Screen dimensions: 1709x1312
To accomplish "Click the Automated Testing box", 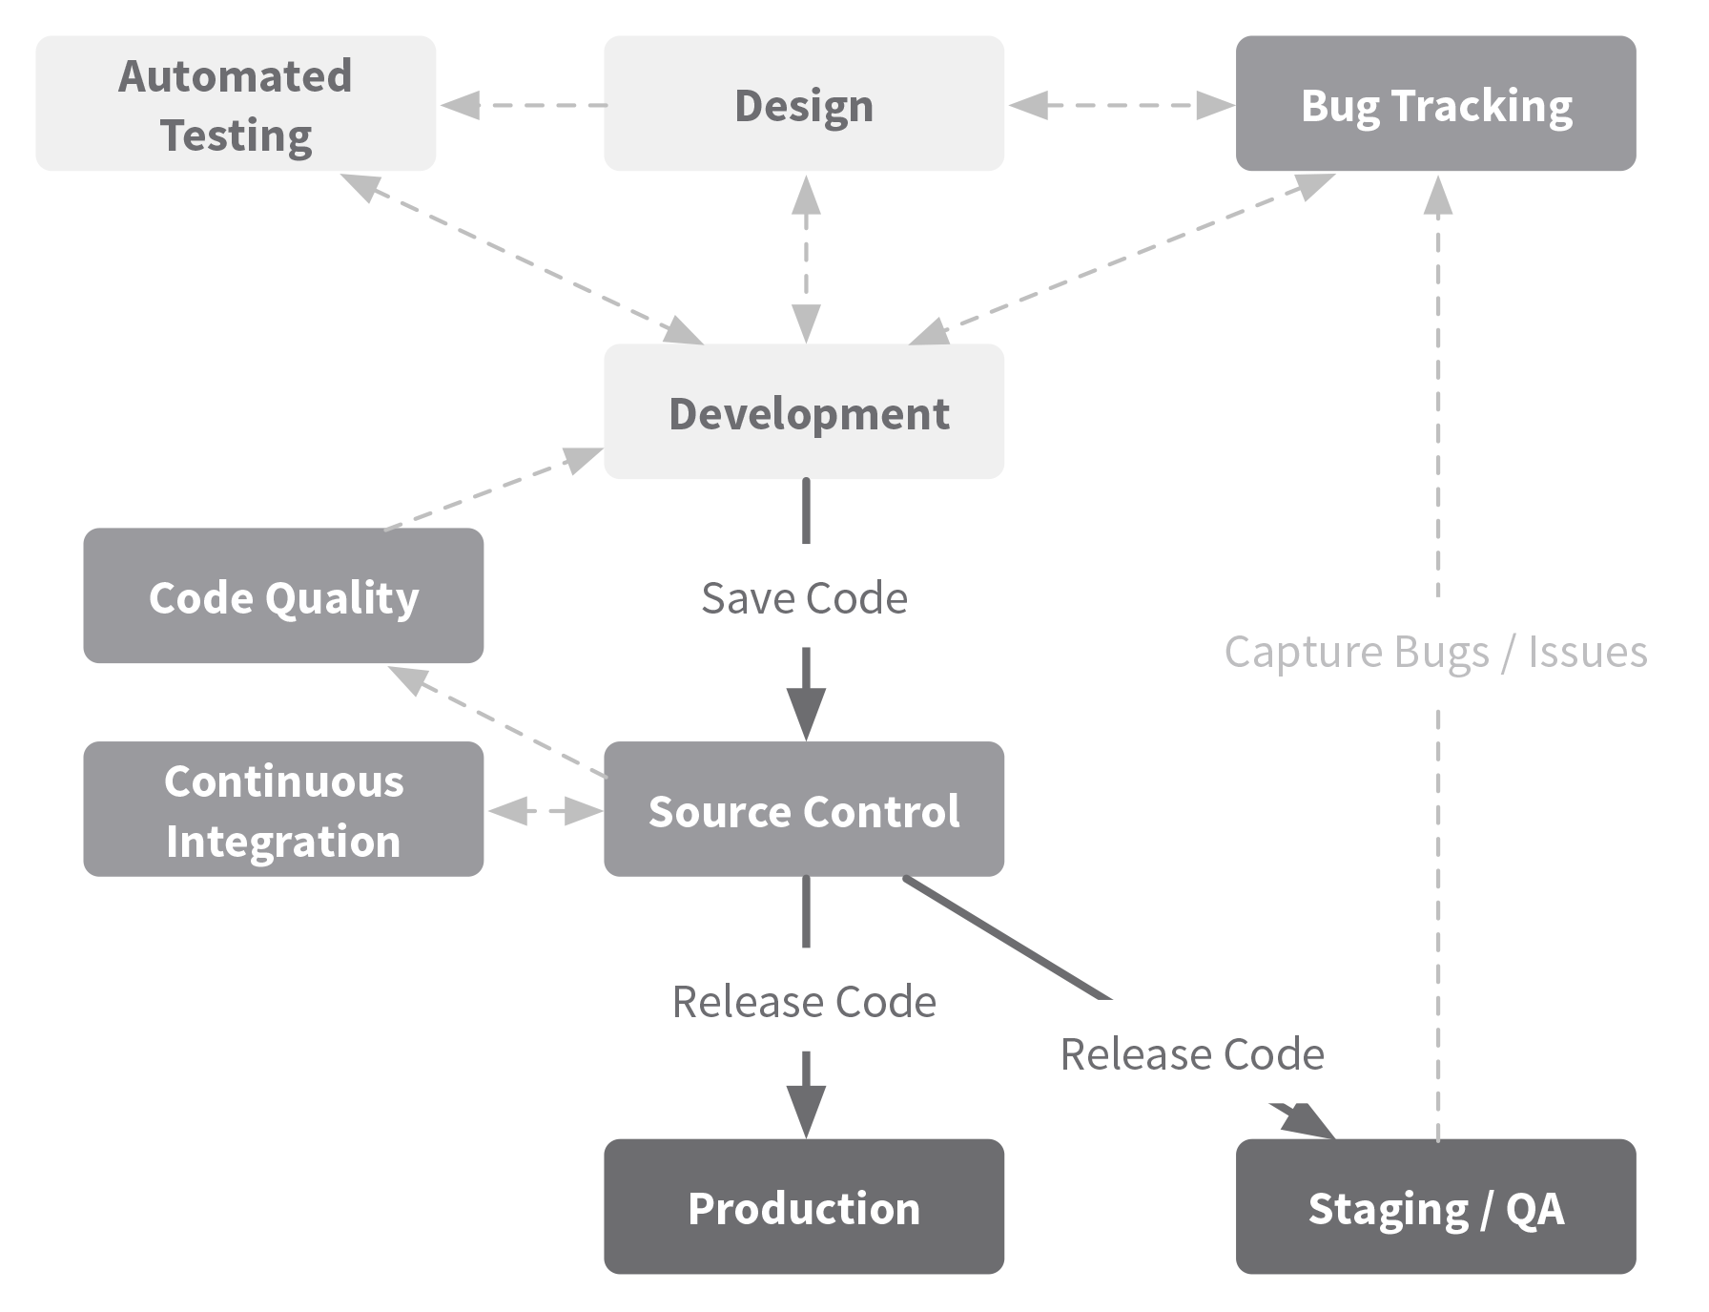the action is point(236,104).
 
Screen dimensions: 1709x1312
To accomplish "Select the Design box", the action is point(804,104).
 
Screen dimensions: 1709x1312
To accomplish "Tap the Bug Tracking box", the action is point(1436,104).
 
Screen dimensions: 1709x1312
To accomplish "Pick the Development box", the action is point(804,411).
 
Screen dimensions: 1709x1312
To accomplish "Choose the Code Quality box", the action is point(283,595).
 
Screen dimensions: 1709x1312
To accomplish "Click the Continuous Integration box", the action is point(283,809).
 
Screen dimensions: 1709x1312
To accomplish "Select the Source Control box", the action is point(804,809).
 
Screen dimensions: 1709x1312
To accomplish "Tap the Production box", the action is point(804,1206).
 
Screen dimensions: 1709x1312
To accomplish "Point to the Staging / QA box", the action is point(1436,1206).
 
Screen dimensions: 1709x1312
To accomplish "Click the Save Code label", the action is point(805,598).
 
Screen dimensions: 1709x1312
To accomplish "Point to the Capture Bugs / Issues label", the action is point(1436,653).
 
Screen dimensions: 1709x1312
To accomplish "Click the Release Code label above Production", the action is point(805,1002).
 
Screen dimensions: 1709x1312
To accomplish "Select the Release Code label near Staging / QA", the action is point(1193,1054).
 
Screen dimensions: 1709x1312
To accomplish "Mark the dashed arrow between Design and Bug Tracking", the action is point(1122,105).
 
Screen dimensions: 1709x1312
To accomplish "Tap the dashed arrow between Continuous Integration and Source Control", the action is point(545,811).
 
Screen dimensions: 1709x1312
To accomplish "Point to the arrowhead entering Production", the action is point(806,1111).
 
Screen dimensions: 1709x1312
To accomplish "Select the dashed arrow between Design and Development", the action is point(806,259).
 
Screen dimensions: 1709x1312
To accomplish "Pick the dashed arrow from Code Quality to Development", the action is point(494,488).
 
